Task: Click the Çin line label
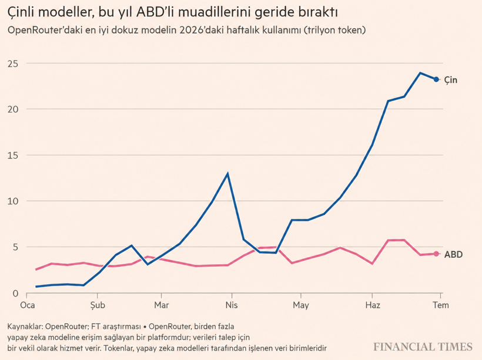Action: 451,80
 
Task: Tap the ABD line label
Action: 453,254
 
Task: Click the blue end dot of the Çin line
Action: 436,79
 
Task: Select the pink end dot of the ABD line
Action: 436,254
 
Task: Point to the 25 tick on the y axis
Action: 13,63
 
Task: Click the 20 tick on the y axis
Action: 13,109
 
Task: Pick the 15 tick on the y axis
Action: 13,156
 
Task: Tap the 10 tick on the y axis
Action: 13,201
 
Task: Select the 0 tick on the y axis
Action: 15,294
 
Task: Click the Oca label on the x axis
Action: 28,305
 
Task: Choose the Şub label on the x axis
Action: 98,305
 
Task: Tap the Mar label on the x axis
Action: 162,305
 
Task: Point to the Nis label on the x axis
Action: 232,305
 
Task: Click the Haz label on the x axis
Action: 373,305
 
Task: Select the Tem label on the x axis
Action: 441,305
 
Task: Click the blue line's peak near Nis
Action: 227,174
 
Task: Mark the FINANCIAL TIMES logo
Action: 423,347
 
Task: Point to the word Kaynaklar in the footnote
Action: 25,326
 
